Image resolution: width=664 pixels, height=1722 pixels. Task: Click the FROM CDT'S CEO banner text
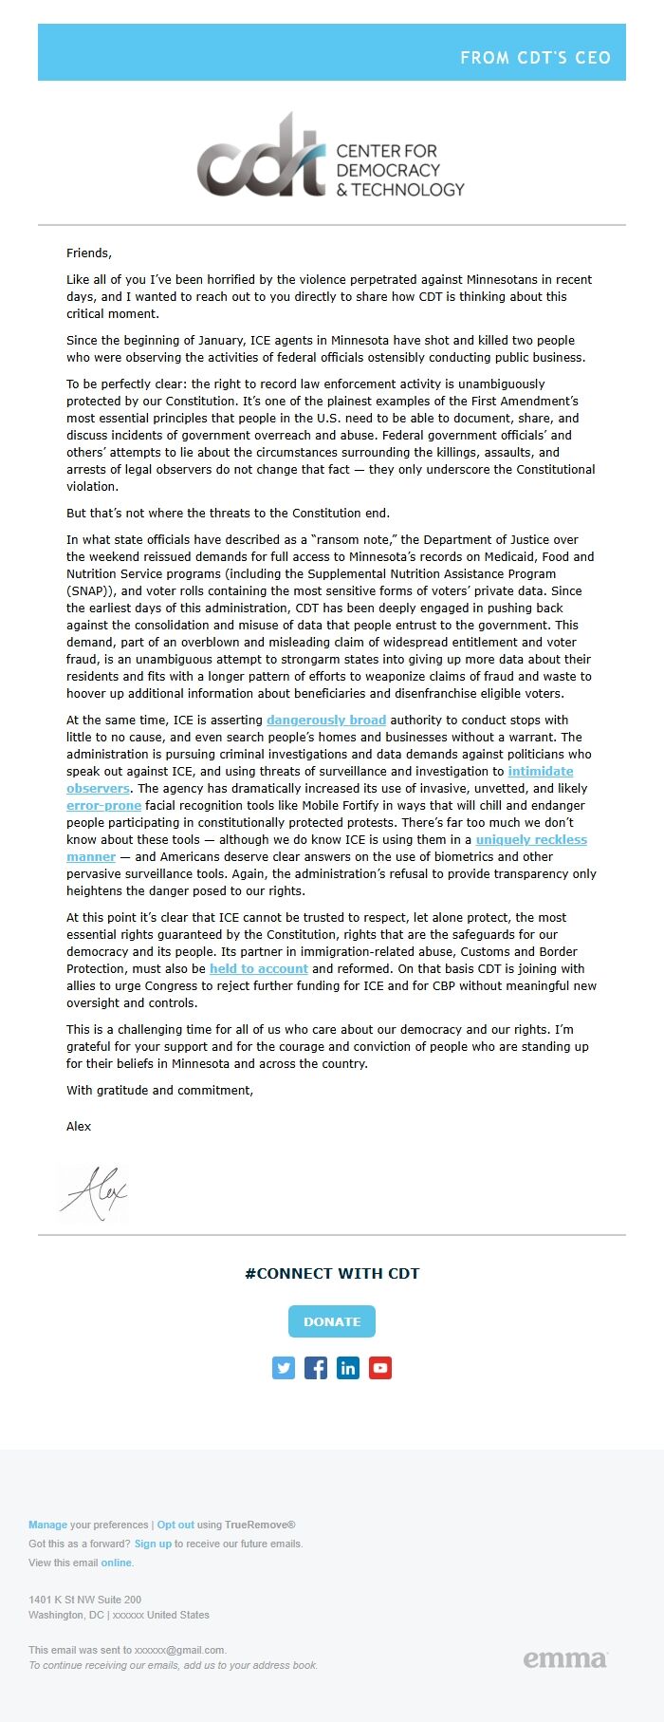point(535,58)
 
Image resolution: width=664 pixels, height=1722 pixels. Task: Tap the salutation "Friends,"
point(89,253)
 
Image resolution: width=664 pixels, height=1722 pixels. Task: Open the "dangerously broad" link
point(326,721)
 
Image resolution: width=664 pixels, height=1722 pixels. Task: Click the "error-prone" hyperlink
point(103,806)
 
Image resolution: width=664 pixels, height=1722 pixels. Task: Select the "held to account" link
point(258,969)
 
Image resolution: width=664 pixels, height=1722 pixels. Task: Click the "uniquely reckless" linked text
point(531,840)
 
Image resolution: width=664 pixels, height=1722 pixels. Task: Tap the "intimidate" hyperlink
point(540,772)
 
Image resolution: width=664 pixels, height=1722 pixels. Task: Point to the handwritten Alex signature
point(94,1192)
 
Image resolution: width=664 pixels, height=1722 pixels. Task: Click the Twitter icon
point(284,1368)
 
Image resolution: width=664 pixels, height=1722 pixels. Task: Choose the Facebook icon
point(316,1368)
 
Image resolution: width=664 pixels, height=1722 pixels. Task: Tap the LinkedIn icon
point(348,1368)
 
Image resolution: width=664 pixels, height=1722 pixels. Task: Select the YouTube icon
point(380,1368)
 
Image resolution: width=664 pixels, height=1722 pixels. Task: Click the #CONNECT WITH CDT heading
point(332,1274)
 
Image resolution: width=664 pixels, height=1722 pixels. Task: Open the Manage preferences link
point(47,1525)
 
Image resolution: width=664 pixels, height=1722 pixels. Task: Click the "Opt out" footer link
point(175,1525)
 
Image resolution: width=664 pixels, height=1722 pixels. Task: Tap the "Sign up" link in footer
point(153,1544)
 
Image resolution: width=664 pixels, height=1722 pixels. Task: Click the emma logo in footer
point(565,1658)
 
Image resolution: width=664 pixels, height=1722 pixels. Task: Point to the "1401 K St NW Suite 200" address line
point(85,1600)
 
